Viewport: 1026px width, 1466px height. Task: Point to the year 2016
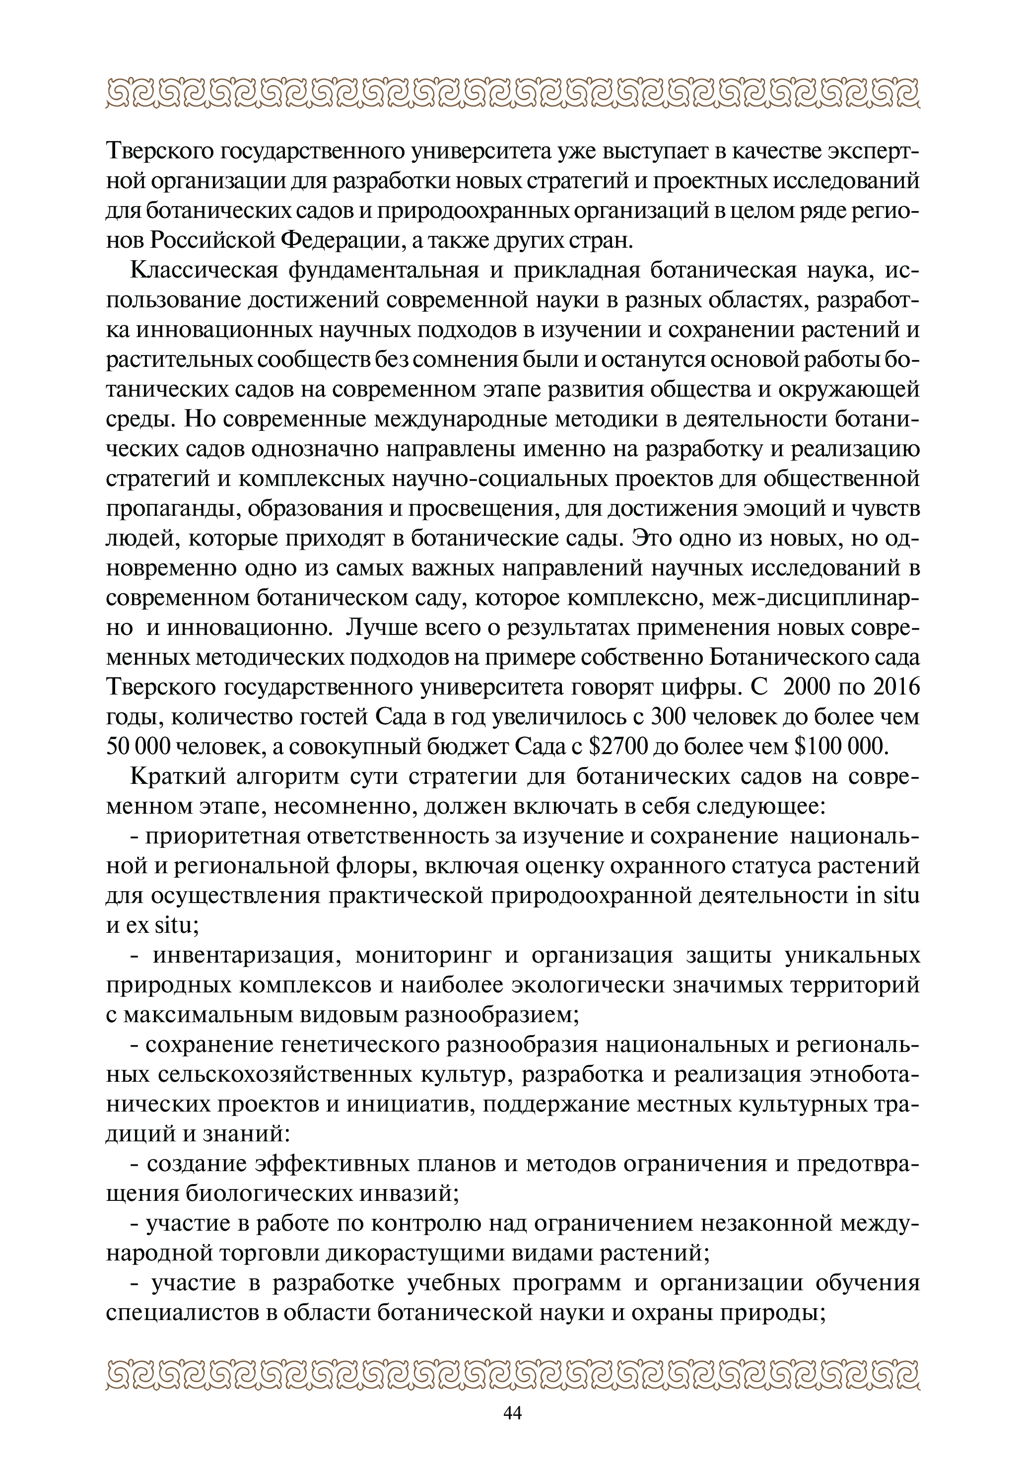click(x=896, y=687)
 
